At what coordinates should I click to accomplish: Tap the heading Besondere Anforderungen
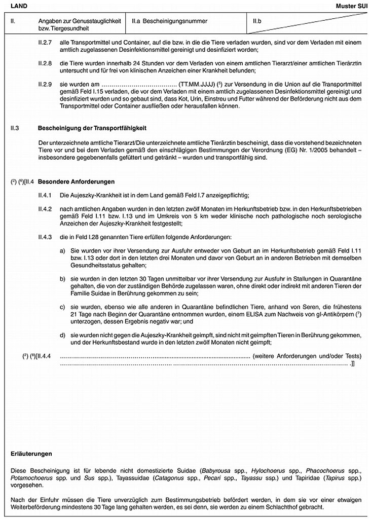tap(76, 181)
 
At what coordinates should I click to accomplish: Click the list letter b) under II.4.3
tap(62, 279)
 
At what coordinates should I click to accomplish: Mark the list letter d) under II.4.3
tap(62, 336)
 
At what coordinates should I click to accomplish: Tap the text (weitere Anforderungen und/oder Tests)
tap(303, 356)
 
